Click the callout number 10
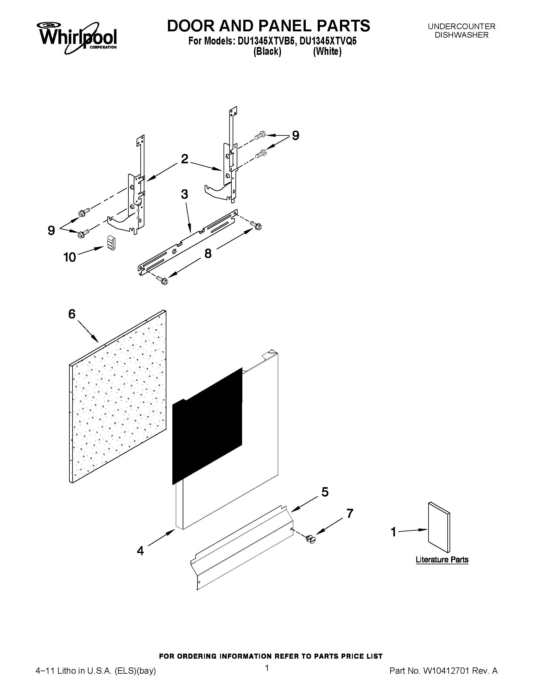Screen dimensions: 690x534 (70, 257)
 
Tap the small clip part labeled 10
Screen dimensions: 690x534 (111, 244)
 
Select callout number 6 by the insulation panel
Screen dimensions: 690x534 (72, 314)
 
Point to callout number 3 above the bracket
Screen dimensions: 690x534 (184, 194)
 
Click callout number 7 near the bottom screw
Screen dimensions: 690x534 (349, 514)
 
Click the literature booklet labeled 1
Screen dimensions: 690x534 (439, 527)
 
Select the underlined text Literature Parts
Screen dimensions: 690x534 (442, 560)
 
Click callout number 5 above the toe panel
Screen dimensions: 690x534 (325, 492)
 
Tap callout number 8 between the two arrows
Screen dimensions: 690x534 (208, 253)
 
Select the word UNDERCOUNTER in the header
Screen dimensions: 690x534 (461, 27)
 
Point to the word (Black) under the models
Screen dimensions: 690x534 (267, 51)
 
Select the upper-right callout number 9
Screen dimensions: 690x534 (295, 135)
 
